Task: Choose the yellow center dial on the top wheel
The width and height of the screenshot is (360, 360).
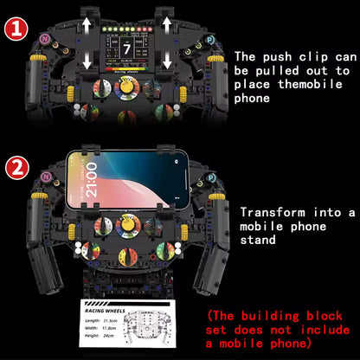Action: coord(126,88)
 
